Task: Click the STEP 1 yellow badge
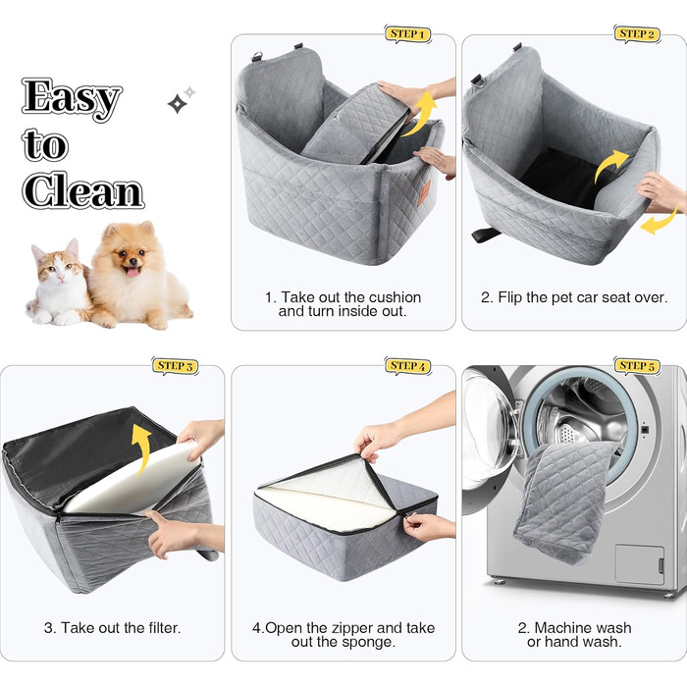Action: tap(407, 34)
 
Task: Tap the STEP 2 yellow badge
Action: tap(637, 34)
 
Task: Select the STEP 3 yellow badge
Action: tap(175, 366)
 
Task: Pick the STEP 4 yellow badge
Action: tap(407, 366)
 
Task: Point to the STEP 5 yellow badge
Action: tap(637, 366)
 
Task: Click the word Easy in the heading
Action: tap(72, 98)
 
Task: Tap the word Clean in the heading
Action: tap(82, 190)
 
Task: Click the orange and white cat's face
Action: tap(58, 264)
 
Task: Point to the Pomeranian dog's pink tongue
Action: tap(132, 272)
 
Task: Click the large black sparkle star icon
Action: tap(177, 104)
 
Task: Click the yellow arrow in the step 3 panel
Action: tap(141, 448)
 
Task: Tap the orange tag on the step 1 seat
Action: tap(424, 192)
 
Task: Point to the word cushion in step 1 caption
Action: tap(395, 297)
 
